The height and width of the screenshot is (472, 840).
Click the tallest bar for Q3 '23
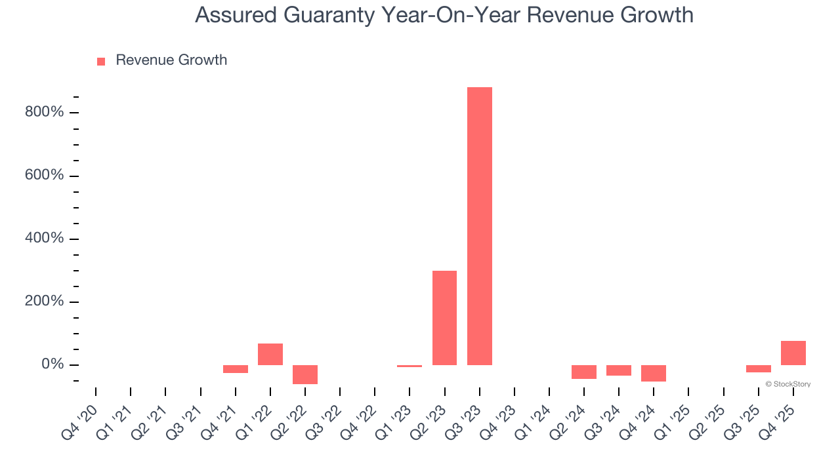[x=479, y=226]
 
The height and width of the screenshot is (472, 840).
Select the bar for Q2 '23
[x=444, y=318]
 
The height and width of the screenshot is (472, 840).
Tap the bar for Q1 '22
[x=270, y=354]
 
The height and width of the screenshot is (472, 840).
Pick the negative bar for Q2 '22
[x=305, y=374]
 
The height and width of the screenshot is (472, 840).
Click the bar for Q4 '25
[x=793, y=353]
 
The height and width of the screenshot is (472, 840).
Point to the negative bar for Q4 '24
[x=653, y=373]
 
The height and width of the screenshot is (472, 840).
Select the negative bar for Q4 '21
[x=236, y=369]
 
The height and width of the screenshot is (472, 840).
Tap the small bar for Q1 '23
[x=409, y=366]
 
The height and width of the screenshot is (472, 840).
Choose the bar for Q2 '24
[x=583, y=372]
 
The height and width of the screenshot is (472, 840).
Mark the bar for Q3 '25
[x=758, y=368]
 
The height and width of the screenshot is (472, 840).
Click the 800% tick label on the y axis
[x=44, y=112]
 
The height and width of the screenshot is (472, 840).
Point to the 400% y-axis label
[x=44, y=239]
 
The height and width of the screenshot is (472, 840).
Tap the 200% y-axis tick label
[x=44, y=302]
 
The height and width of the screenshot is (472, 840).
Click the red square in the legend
[x=101, y=62]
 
